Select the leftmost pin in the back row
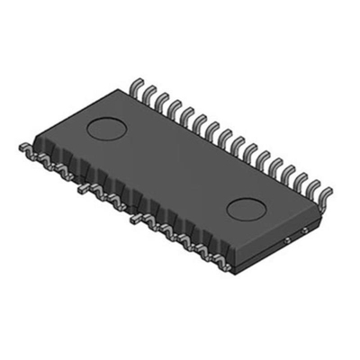click(136, 86)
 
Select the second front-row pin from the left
click(37, 155)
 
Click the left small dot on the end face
click(285, 239)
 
